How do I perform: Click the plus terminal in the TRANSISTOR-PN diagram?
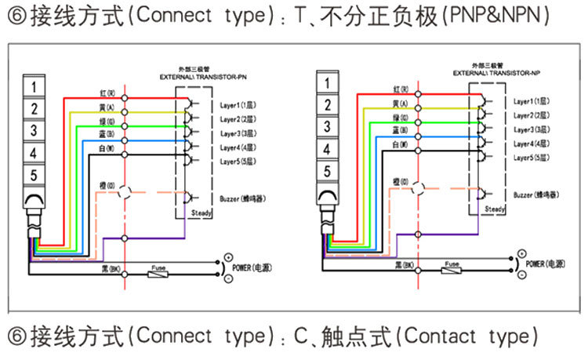(228, 257)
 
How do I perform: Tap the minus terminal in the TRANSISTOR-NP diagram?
(520, 275)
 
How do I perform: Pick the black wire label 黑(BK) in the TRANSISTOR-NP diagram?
(401, 264)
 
